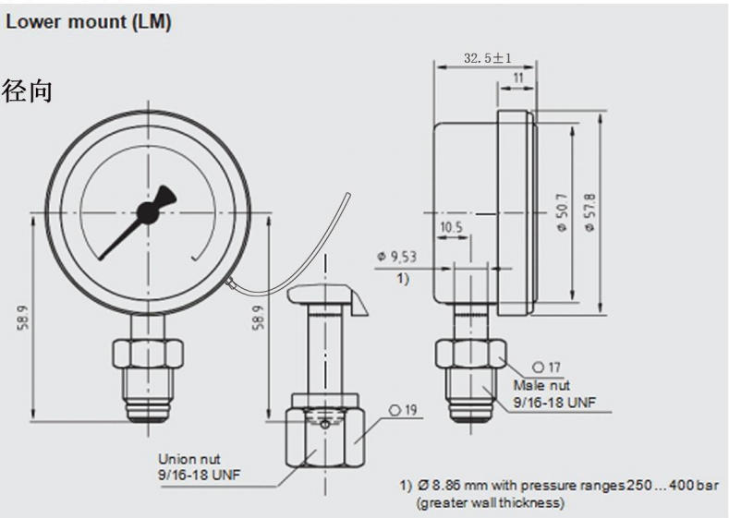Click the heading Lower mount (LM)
[89, 23]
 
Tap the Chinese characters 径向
[29, 92]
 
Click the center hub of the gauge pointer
[146, 212]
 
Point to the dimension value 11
[517, 79]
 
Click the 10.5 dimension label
[451, 226]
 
